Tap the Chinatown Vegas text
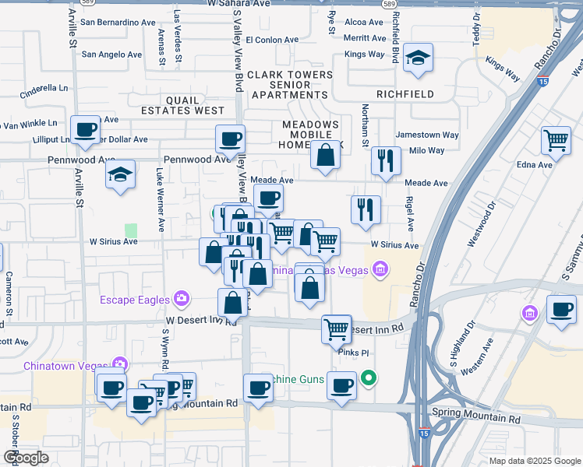(66, 364)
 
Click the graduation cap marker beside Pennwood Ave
(120, 174)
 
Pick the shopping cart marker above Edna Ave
(556, 141)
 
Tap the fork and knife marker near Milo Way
(386, 160)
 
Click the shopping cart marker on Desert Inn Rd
(337, 328)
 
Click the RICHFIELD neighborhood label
(405, 94)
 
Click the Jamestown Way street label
(427, 135)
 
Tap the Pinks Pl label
(352, 352)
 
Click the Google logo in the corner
(26, 458)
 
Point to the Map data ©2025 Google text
(534, 461)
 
